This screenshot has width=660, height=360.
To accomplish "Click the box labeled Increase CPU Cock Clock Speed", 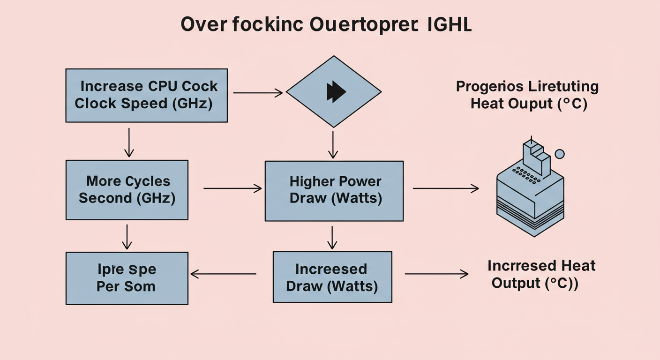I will click(146, 95).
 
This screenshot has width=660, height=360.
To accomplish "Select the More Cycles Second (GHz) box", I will click(127, 190).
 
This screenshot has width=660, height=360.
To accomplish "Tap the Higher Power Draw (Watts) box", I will click(334, 191).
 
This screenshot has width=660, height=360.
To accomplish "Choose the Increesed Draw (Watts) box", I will click(332, 277).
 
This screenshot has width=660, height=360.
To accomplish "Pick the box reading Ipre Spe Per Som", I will click(127, 278).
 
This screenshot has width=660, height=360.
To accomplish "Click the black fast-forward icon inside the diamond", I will click(336, 91).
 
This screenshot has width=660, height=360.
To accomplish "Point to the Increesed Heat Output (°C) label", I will click(541, 274).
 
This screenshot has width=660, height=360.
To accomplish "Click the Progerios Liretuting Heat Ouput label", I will click(527, 95).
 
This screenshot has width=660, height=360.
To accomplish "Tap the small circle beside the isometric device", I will click(559, 154).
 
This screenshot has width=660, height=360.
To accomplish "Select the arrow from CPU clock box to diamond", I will click(258, 93).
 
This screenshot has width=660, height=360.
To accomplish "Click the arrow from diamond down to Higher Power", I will click(333, 144).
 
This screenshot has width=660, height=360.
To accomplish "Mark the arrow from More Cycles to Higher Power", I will click(232, 188).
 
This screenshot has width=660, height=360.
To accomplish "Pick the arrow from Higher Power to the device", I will click(445, 188).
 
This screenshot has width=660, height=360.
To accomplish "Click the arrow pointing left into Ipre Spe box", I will click(223, 274).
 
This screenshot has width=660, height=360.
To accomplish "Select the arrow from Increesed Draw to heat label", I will click(436, 274).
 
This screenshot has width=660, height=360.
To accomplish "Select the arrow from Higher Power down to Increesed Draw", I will click(332, 238).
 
